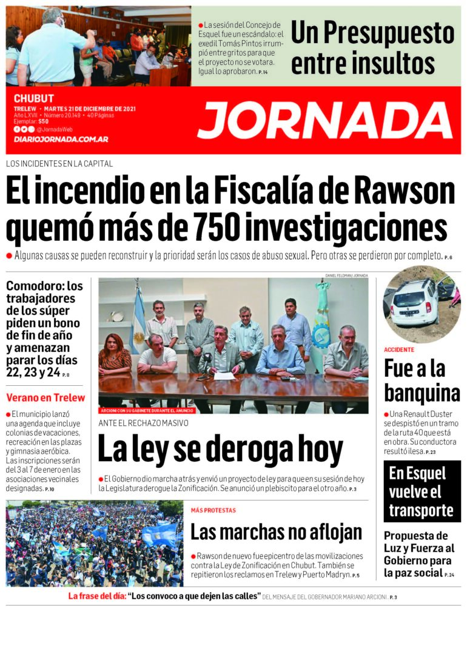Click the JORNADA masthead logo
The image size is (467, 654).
(324, 120)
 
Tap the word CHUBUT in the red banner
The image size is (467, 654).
(34, 98)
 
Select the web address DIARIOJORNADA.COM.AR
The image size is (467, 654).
(61, 140)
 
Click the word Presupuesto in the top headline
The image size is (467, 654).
(372, 33)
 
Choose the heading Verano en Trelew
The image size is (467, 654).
(45, 399)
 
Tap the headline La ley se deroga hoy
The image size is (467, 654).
(220, 450)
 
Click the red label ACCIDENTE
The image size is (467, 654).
(398, 350)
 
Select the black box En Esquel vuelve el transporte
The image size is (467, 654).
(422, 491)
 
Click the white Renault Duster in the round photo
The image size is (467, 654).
(415, 301)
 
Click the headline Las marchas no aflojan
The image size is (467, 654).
(276, 532)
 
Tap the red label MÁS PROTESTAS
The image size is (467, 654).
(213, 510)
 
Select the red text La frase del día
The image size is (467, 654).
(96, 596)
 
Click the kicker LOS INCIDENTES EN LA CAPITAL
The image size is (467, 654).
(59, 164)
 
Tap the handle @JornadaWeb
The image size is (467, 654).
(55, 129)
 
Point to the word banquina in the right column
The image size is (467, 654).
(422, 393)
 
